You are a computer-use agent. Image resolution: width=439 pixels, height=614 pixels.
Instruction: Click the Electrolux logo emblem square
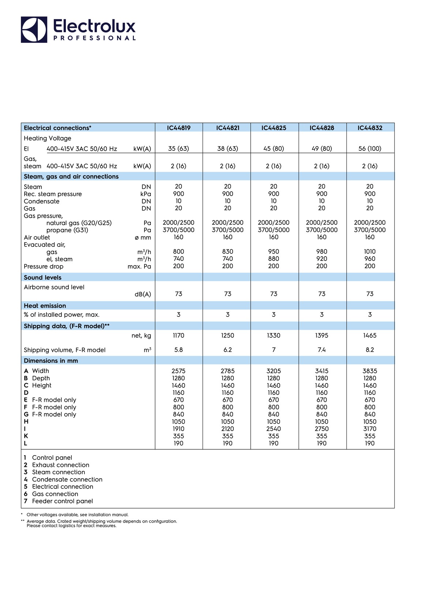34,30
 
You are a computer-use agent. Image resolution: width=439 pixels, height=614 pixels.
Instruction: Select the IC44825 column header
274,128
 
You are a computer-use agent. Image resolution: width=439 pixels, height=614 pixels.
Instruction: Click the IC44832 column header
370,128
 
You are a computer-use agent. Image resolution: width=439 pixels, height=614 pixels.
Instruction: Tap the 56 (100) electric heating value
370,149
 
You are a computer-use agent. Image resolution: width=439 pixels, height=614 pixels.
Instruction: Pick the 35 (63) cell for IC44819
179,149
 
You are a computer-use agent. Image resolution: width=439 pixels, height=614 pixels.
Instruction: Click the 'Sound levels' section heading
42,277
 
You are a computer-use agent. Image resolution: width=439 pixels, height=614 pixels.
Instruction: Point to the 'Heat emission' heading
45,306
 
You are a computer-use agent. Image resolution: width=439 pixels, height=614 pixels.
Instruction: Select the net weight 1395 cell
322,336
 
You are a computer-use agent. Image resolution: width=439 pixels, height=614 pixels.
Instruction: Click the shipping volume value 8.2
370,350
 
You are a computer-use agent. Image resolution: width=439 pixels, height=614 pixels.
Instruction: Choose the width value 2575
179,371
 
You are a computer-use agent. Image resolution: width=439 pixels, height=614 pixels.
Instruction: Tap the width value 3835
370,371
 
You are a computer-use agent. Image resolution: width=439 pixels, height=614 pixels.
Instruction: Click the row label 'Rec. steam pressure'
53,194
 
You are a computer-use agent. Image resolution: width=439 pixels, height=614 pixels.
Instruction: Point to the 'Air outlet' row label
37,237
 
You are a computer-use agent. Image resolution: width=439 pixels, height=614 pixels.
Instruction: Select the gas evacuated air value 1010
370,252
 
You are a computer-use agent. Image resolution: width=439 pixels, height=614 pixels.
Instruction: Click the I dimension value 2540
274,429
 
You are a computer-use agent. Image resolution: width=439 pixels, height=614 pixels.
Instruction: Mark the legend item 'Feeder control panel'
62,501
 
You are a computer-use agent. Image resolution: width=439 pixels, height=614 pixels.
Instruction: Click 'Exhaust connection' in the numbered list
60,465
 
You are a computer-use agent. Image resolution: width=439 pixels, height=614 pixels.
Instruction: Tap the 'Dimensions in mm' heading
51,361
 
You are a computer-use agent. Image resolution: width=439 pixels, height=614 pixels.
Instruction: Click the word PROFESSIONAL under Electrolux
94,38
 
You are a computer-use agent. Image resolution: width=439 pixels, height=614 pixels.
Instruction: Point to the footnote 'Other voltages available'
77,515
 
